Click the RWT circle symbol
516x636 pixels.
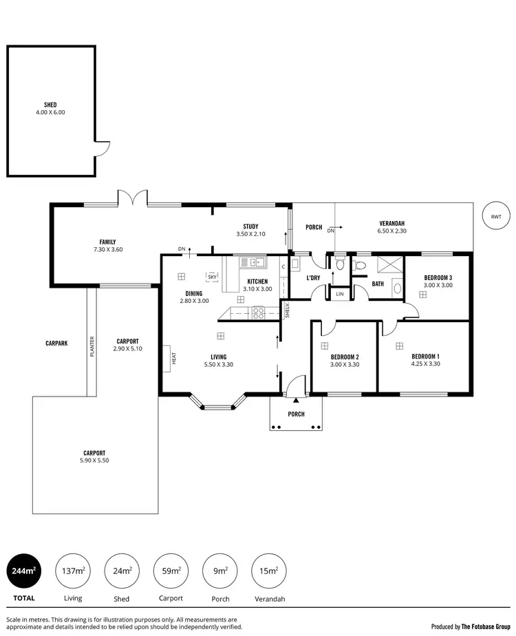tap(496, 217)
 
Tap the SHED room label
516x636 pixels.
tap(50, 105)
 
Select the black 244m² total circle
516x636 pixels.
tap(21, 571)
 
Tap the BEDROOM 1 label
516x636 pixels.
tap(425, 356)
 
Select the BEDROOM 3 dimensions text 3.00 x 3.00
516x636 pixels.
tap(438, 285)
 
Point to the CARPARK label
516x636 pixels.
tap(56, 342)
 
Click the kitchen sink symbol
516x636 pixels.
tap(253, 262)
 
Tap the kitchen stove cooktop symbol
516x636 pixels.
tap(259, 313)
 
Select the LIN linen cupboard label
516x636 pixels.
tap(339, 295)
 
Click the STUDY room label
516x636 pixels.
tap(250, 226)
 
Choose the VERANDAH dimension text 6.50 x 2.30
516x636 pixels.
tap(391, 231)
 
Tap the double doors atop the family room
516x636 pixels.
tap(132, 198)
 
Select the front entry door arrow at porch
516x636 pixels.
tap(295, 400)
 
